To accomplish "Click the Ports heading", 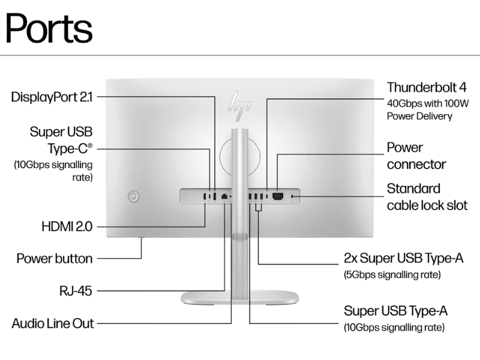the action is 49,28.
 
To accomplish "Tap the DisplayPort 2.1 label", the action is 52,97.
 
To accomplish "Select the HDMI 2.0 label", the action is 67,227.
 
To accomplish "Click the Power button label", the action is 55,259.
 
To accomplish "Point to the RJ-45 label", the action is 76,291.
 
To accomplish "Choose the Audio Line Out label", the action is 53,323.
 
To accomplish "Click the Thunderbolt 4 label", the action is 427,87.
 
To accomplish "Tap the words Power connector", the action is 416,156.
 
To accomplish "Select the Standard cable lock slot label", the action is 427,197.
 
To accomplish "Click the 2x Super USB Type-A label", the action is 403,259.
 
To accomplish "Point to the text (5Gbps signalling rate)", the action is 392,275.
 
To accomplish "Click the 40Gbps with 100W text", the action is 428,103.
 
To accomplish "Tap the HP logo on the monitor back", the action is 240,105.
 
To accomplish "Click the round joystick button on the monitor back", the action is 133,196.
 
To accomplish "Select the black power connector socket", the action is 278,196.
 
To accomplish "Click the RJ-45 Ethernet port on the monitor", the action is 224,197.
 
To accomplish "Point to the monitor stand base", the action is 239,298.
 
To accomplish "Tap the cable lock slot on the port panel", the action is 292,196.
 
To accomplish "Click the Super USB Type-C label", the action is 61,140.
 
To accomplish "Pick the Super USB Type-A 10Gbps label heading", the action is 395,311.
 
